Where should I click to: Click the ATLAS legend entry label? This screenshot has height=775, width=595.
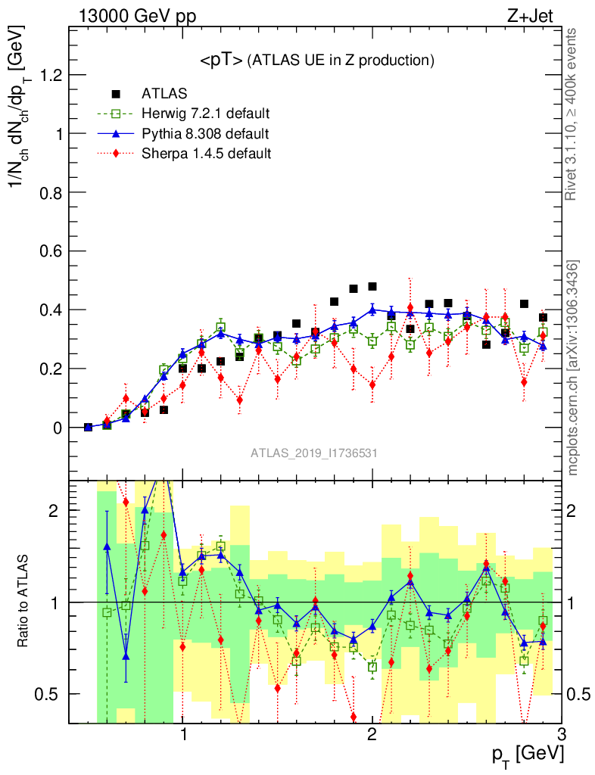164,94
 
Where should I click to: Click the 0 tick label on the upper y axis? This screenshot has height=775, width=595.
58,428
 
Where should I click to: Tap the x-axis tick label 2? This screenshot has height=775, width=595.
372,736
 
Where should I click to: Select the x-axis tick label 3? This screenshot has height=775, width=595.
561,736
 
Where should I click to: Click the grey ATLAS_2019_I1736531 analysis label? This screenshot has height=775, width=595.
314,453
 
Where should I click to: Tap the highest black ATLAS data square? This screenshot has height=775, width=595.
372,286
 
